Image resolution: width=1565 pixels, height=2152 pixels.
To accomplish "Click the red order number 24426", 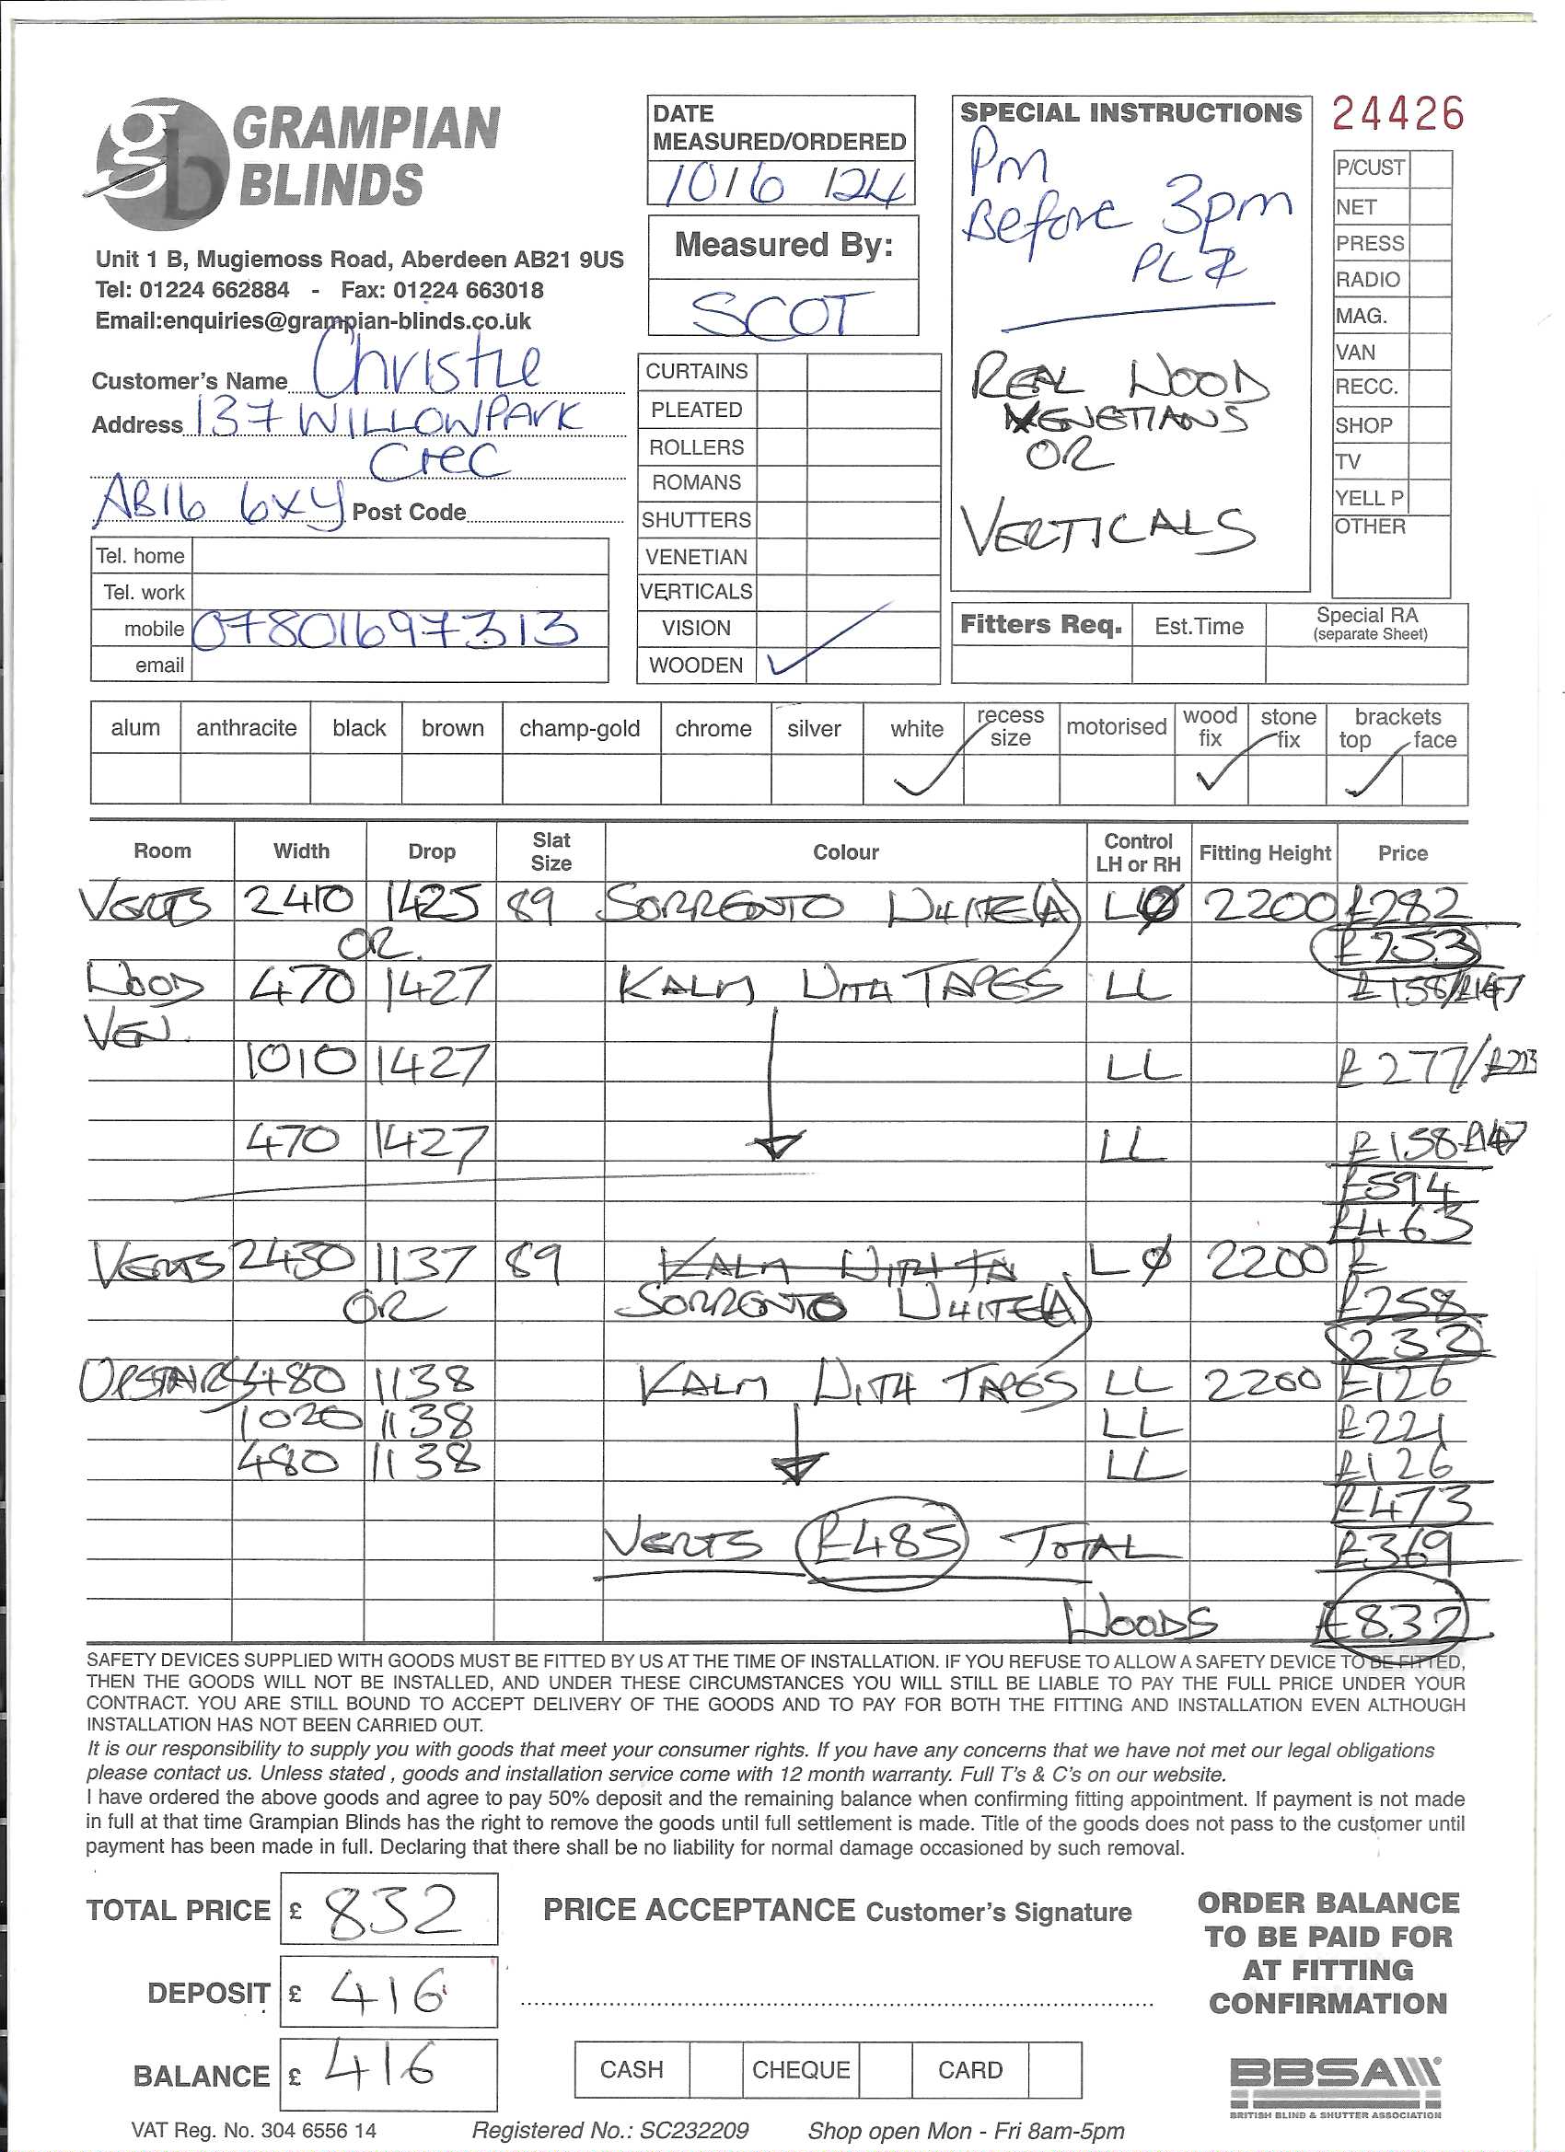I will point(1397,114).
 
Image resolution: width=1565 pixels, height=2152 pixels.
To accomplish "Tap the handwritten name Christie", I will point(427,367).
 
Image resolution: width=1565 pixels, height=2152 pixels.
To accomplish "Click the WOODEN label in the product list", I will point(696,665).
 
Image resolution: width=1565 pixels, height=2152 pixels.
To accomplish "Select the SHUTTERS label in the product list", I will point(696,520).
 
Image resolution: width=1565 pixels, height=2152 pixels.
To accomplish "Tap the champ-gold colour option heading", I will point(579,729).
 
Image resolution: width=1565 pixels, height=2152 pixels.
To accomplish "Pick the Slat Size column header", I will point(551,851).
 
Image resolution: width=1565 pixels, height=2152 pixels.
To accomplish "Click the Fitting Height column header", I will point(1264,853).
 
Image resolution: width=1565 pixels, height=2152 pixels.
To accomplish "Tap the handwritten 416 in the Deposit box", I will point(389,1992).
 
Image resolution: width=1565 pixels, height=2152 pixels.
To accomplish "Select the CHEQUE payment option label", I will point(800,2069).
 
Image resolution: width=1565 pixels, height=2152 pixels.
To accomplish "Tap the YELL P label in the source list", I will point(1369,498).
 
